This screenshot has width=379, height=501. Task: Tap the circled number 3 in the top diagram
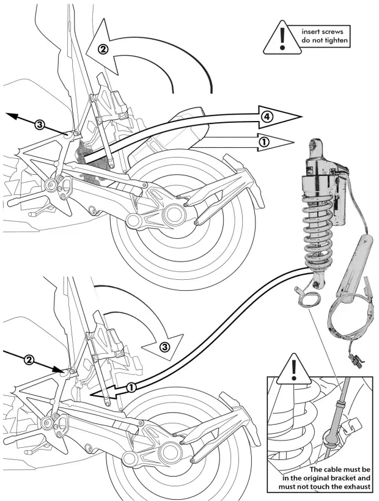tap(39, 125)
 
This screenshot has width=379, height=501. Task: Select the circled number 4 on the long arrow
tap(265, 115)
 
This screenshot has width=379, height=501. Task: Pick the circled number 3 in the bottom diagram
tap(164, 347)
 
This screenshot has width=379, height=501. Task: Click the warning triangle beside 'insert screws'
tap(281, 38)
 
